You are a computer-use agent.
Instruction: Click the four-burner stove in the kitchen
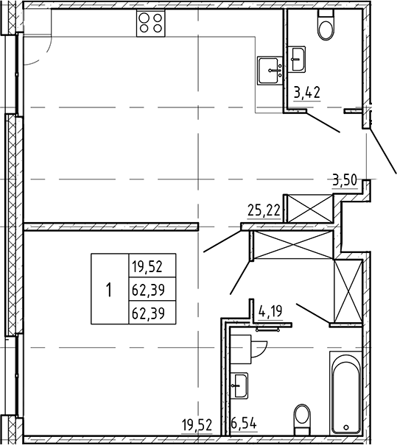point(151,24)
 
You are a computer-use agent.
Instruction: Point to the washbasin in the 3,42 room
point(298,59)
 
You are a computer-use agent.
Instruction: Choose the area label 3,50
point(345,179)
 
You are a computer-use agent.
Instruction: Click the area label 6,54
point(245,424)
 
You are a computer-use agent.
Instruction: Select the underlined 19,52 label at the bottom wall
point(196,424)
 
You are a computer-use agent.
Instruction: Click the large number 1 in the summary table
point(108,289)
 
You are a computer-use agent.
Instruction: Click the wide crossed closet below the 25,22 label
point(291,245)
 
